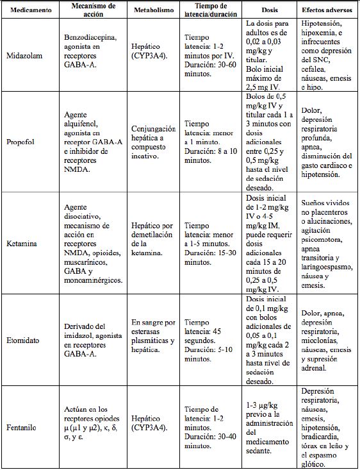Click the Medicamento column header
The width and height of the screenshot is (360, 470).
(29, 11)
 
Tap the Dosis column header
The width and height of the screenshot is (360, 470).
(270, 12)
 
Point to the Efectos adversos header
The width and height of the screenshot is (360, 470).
(329, 12)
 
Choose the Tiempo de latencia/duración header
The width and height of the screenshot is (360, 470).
(209, 11)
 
